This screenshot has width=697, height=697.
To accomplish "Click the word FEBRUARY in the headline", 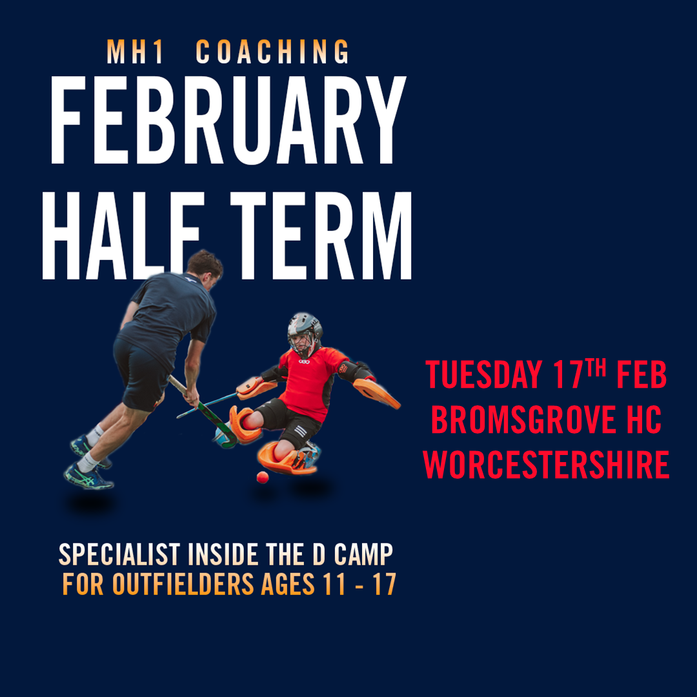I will point(227,123).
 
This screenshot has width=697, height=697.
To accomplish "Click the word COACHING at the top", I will point(272,53).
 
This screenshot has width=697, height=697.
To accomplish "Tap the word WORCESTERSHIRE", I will point(546,465).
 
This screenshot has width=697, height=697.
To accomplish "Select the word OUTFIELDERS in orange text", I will point(183,585).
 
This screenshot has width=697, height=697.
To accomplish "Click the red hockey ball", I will point(262,477).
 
